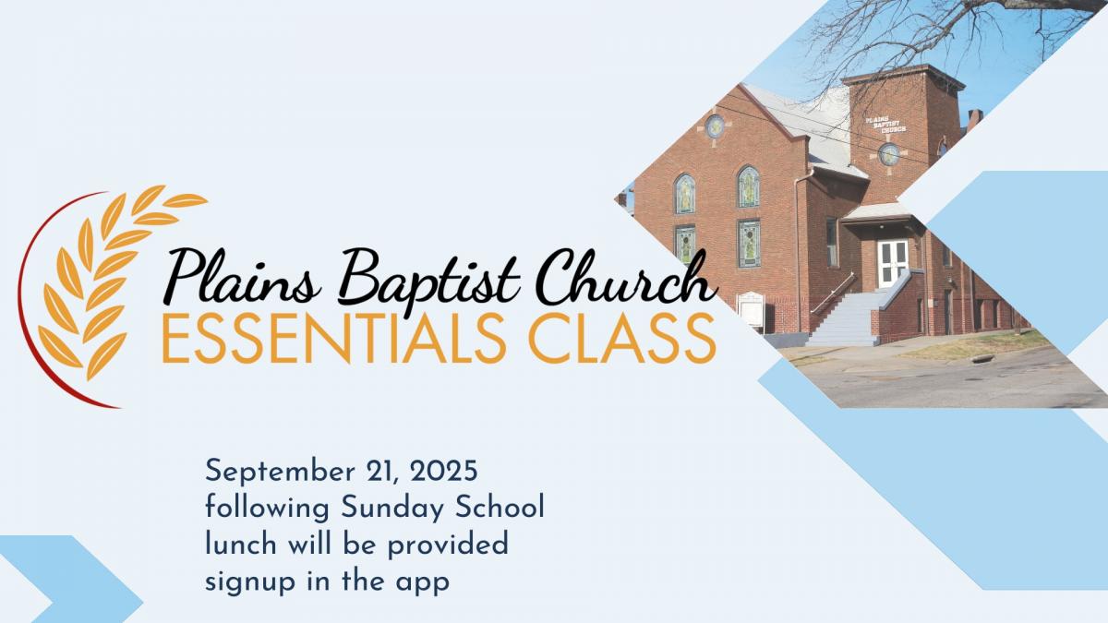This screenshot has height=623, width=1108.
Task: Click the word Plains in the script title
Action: pos(242,277)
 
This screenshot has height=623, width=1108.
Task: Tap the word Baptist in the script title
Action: pos(428,280)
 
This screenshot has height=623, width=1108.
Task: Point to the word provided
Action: pos(448,545)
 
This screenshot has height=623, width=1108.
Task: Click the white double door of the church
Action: pos(893,263)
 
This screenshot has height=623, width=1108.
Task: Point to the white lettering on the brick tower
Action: pos(885,125)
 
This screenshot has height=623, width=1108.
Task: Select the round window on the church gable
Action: pos(715,126)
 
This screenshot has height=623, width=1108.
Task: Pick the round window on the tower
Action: pos(889,154)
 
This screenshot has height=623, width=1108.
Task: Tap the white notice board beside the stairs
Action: pos(751,310)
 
